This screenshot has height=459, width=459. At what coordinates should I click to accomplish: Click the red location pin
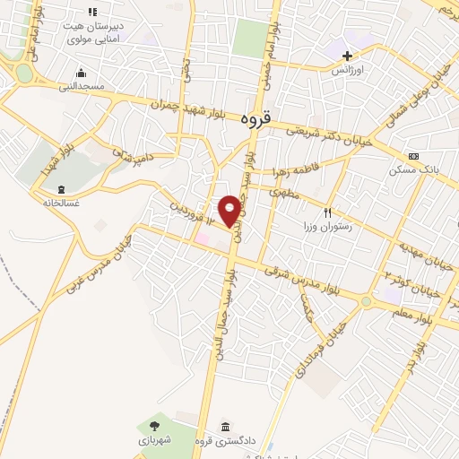[x=230, y=210]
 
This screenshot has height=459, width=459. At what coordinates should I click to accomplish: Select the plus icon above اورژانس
[x=346, y=56]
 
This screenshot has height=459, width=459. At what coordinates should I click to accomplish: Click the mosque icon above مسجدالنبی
[x=82, y=73]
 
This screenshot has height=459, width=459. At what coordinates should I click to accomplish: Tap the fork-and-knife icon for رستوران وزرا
[x=327, y=212]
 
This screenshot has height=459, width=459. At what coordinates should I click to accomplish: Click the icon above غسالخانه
[x=61, y=189]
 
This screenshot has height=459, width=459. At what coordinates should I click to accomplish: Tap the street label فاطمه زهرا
[x=287, y=171]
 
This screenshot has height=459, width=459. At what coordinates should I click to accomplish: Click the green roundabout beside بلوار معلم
[x=366, y=301]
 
